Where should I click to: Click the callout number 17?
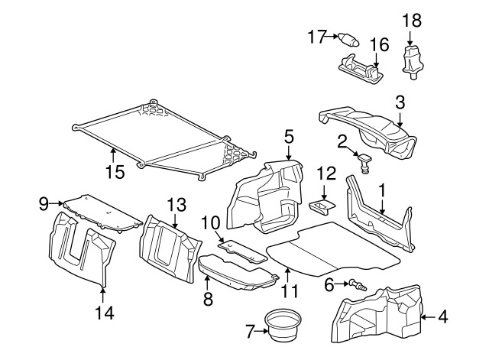coord(317,35)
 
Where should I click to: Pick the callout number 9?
coord(44,203)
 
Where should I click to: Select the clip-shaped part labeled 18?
coord(412,60)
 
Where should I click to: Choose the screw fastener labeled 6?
coord(356,285)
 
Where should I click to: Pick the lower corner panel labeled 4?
coord(378,313)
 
